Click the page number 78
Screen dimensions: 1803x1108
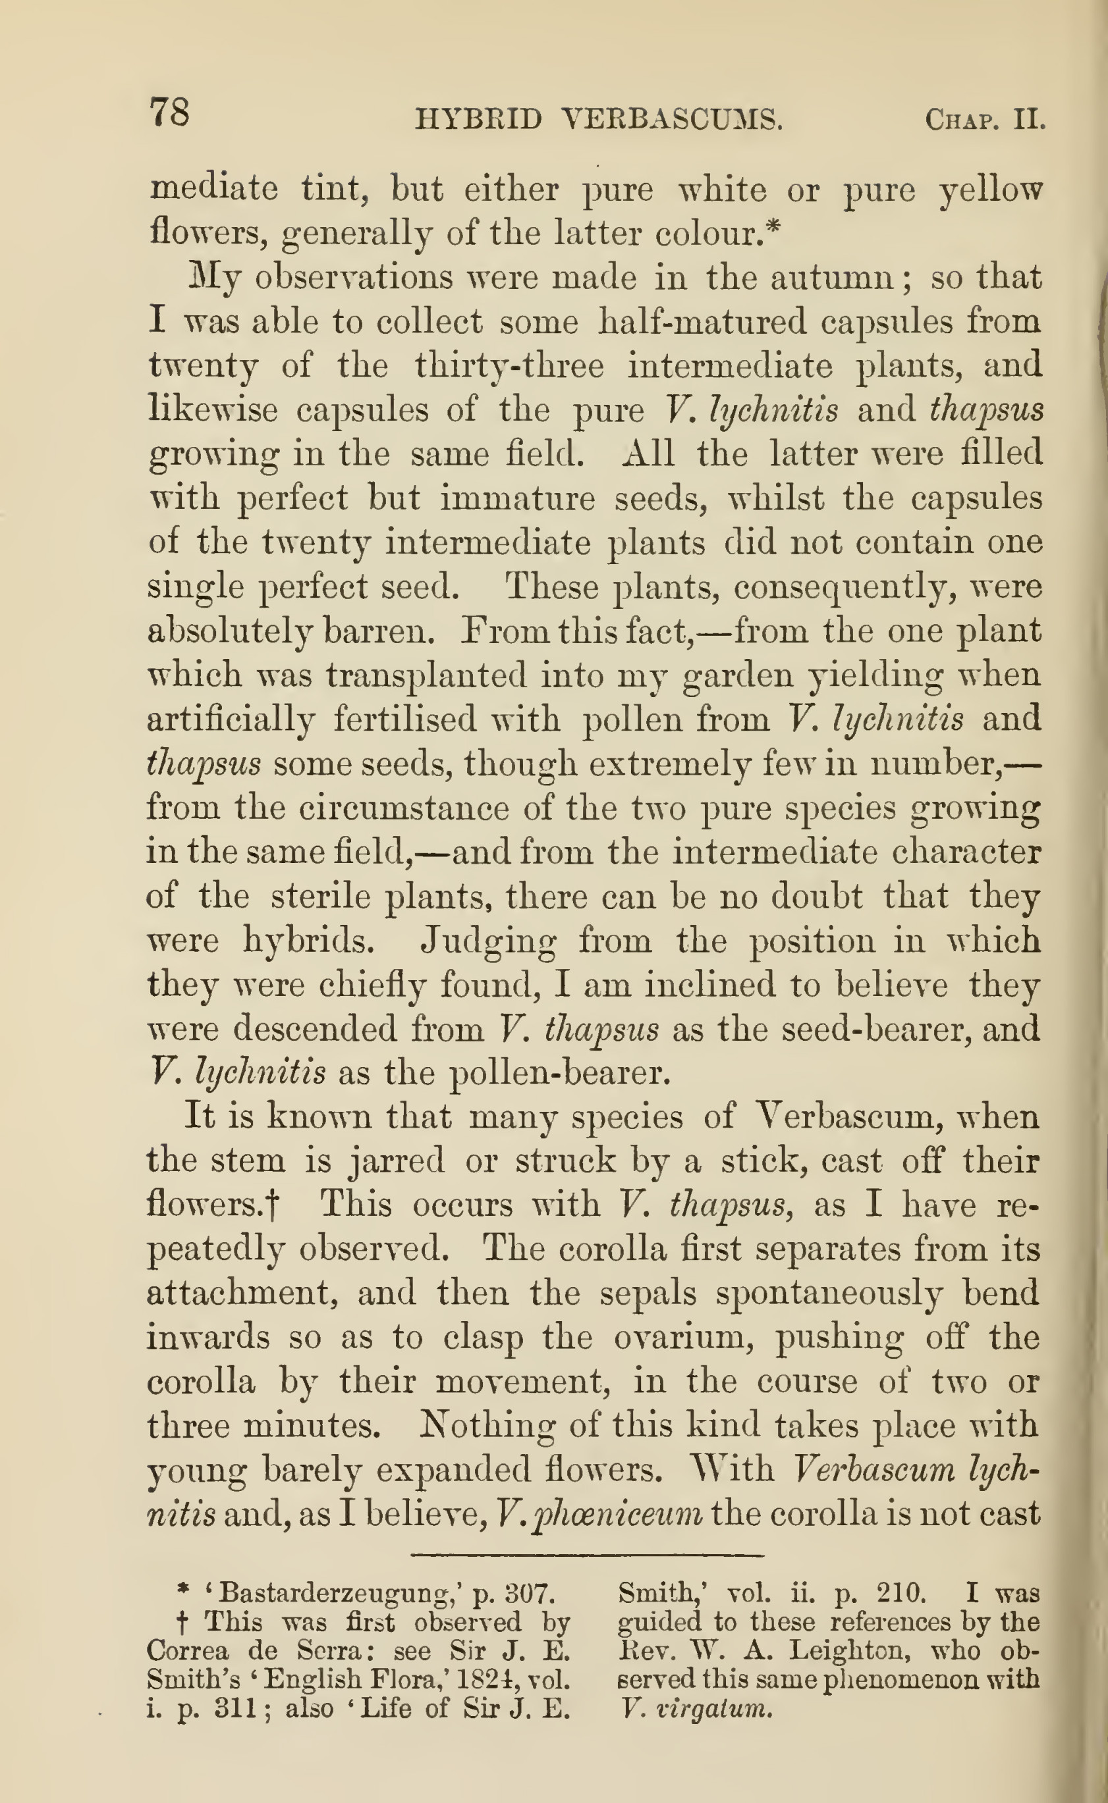(x=170, y=113)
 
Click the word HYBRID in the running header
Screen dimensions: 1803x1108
(x=478, y=119)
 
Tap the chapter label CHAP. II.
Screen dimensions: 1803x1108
(x=984, y=119)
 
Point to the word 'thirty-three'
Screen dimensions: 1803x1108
(x=509, y=366)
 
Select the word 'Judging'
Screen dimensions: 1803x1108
(x=488, y=941)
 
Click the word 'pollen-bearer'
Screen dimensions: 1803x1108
(x=559, y=1074)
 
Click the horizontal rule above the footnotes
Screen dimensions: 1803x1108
(x=586, y=1555)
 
